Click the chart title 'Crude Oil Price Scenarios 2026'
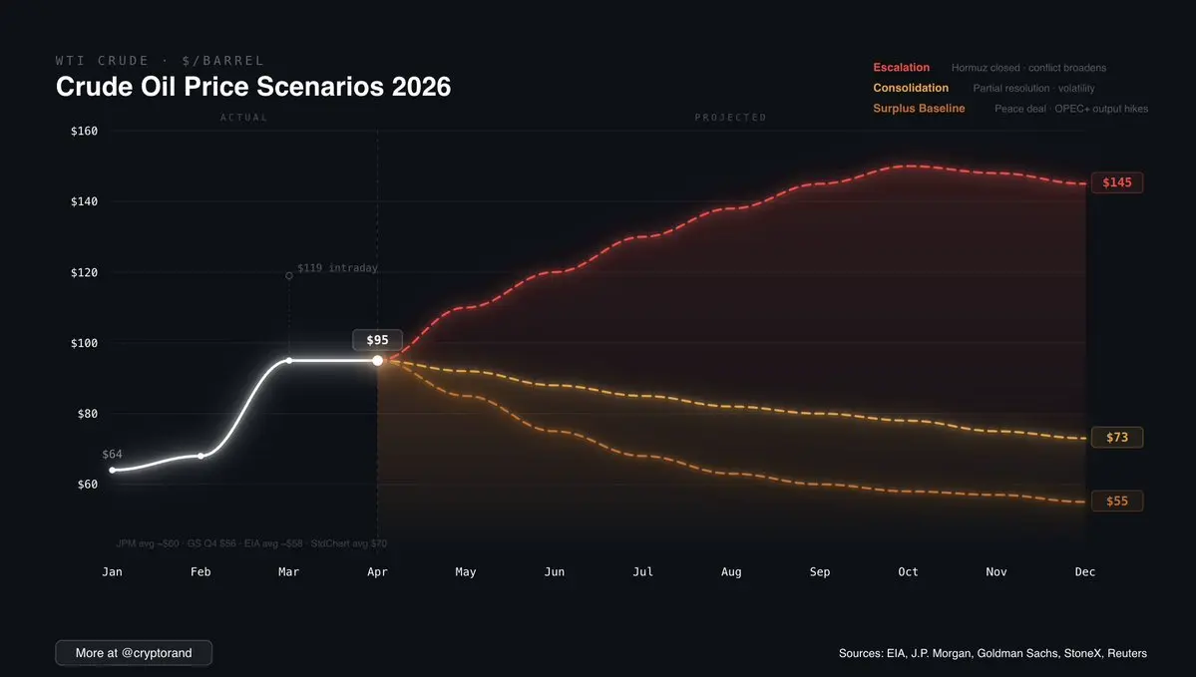(x=253, y=87)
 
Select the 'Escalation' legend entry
(x=901, y=68)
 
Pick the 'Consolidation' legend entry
(x=911, y=88)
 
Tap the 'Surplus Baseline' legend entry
(x=919, y=108)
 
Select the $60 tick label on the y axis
(x=89, y=485)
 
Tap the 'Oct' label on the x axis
(x=908, y=572)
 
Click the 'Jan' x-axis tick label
(x=112, y=572)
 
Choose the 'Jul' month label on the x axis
(x=642, y=572)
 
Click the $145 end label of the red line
(x=1116, y=183)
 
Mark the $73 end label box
(x=1116, y=438)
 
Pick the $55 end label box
(x=1116, y=502)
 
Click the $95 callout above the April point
(x=377, y=340)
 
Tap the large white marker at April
(x=377, y=360)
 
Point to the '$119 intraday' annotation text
(x=337, y=268)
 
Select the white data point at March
(x=289, y=360)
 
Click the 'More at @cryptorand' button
(x=134, y=653)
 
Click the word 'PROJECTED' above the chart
(x=730, y=118)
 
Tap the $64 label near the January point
(x=112, y=455)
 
